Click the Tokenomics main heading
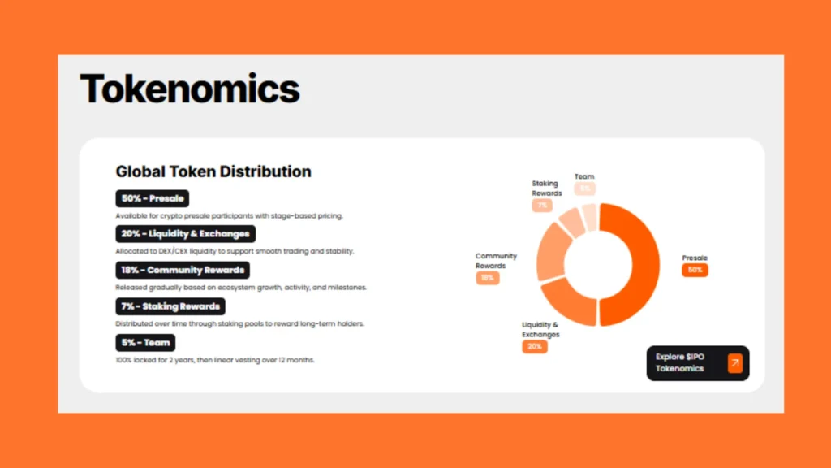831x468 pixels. [x=190, y=89]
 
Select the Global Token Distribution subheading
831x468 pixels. [x=213, y=171]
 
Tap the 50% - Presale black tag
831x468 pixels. [x=153, y=198]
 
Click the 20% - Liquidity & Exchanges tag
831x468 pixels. [x=186, y=234]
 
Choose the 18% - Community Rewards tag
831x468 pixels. [x=183, y=270]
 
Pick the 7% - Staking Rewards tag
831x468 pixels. [x=170, y=306]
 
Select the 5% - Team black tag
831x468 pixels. [x=145, y=343]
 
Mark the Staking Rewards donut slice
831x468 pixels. [x=572, y=220]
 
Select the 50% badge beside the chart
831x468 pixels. [x=695, y=270]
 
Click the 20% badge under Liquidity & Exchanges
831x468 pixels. [x=535, y=346]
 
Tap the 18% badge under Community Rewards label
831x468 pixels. [x=488, y=278]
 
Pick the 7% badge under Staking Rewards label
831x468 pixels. [x=542, y=206]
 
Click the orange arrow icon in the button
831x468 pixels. [x=734, y=363]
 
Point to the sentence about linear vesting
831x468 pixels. [x=215, y=360]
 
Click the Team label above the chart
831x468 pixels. [x=584, y=176]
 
